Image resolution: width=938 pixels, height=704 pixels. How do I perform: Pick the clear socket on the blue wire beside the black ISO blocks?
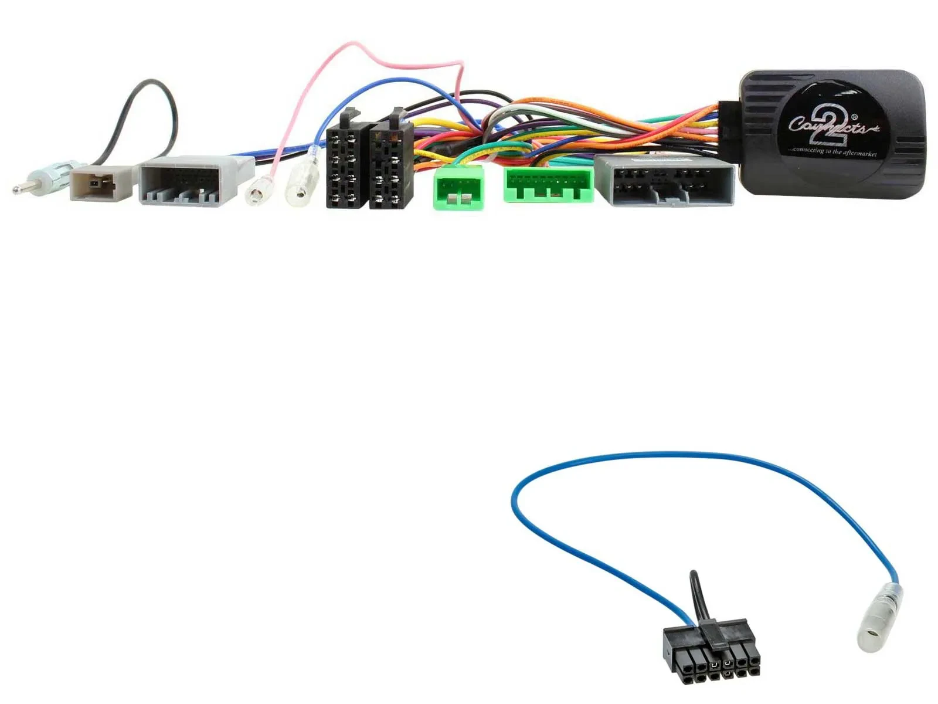tap(301, 187)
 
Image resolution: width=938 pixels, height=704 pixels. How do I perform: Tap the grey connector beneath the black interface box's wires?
tap(665, 180)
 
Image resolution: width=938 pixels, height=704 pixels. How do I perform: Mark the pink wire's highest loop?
tap(352, 45)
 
